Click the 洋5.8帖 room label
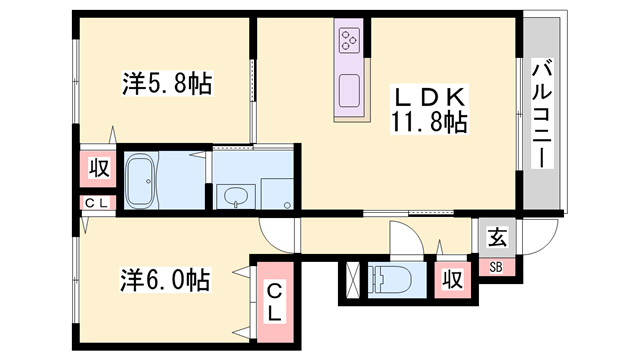[167, 85]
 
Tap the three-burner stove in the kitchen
[349, 40]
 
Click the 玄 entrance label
[497, 237]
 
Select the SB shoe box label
[497, 266]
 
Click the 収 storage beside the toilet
[452, 280]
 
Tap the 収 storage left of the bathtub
[99, 167]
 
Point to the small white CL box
[98, 205]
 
